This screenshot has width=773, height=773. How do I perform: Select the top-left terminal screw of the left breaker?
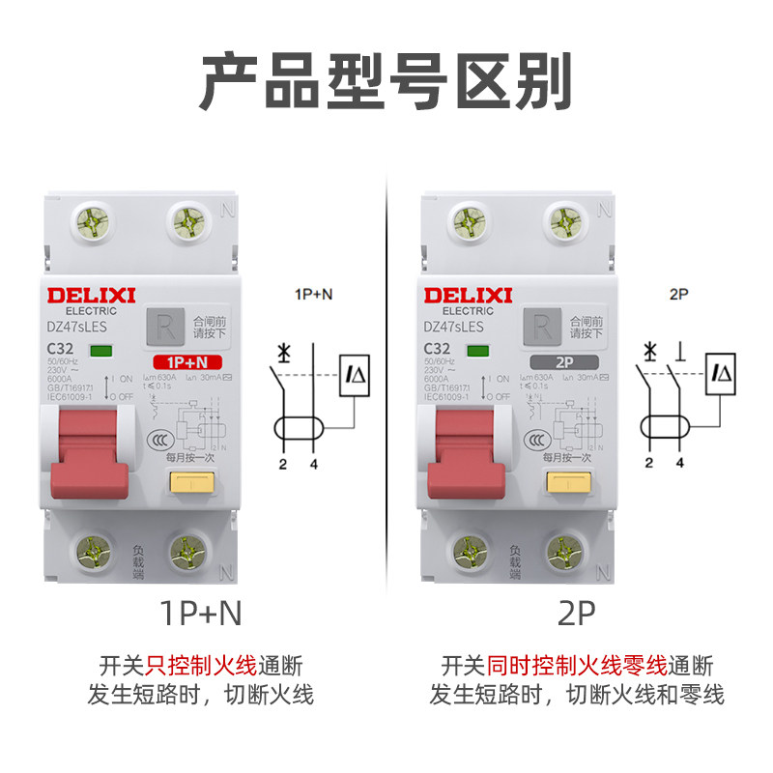94,223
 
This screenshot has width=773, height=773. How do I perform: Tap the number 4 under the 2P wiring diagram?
680,464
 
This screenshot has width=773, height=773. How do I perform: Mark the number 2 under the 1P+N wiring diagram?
282,464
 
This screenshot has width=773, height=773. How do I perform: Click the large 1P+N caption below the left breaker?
201,614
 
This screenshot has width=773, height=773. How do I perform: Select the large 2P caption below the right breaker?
577,614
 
